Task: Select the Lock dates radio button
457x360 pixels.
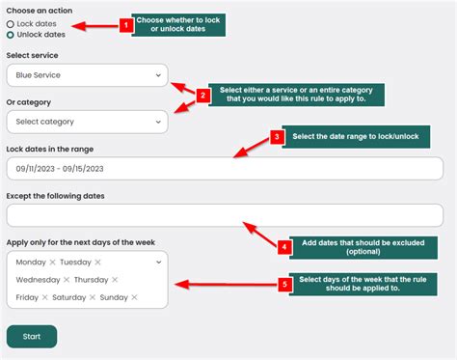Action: [x=11, y=24]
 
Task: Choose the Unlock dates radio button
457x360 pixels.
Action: [x=11, y=35]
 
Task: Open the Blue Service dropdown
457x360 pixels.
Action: [x=87, y=75]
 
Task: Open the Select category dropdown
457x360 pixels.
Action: [x=87, y=122]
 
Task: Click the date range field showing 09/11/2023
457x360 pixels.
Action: [x=225, y=169]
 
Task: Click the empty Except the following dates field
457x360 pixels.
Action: [x=225, y=215]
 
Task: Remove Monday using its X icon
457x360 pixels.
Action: [x=53, y=263]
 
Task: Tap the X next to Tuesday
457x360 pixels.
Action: [x=97, y=263]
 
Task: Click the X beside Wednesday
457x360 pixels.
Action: [x=67, y=280]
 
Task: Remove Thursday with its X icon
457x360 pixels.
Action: [x=115, y=280]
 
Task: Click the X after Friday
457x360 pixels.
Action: [x=45, y=297]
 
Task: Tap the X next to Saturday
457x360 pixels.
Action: [x=93, y=297]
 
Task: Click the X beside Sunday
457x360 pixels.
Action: [x=134, y=297]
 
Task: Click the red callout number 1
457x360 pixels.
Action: [x=126, y=25]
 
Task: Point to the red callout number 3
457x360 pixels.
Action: [x=277, y=137]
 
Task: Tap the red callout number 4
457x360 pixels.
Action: [x=284, y=247]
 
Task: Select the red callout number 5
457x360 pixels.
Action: [x=284, y=285]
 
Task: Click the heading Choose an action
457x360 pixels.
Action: [x=40, y=11]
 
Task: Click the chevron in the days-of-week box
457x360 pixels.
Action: [x=159, y=263]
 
